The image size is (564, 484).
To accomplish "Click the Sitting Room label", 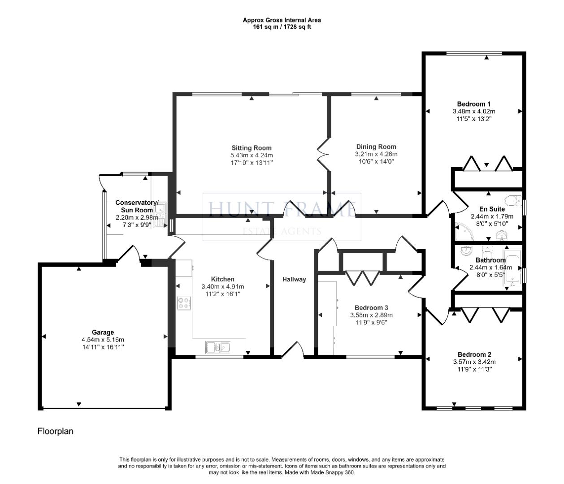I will click(251, 148).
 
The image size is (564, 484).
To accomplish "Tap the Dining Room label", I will click(376, 147).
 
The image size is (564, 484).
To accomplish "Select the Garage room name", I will click(103, 333).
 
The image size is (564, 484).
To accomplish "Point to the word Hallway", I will click(294, 279).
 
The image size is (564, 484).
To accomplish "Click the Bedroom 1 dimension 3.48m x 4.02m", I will click(474, 111).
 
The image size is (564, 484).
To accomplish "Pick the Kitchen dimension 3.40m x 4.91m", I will click(223, 286).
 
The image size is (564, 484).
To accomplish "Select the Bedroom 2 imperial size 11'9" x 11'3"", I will click(474, 369).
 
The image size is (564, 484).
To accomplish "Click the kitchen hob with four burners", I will click(183, 303).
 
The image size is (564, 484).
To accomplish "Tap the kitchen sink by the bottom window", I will click(217, 347).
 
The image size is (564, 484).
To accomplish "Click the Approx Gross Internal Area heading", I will click(282, 20).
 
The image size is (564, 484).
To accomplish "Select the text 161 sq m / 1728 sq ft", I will click(282, 26).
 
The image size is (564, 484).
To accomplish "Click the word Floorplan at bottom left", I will click(55, 431).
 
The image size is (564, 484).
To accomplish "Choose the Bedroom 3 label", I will click(371, 307).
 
